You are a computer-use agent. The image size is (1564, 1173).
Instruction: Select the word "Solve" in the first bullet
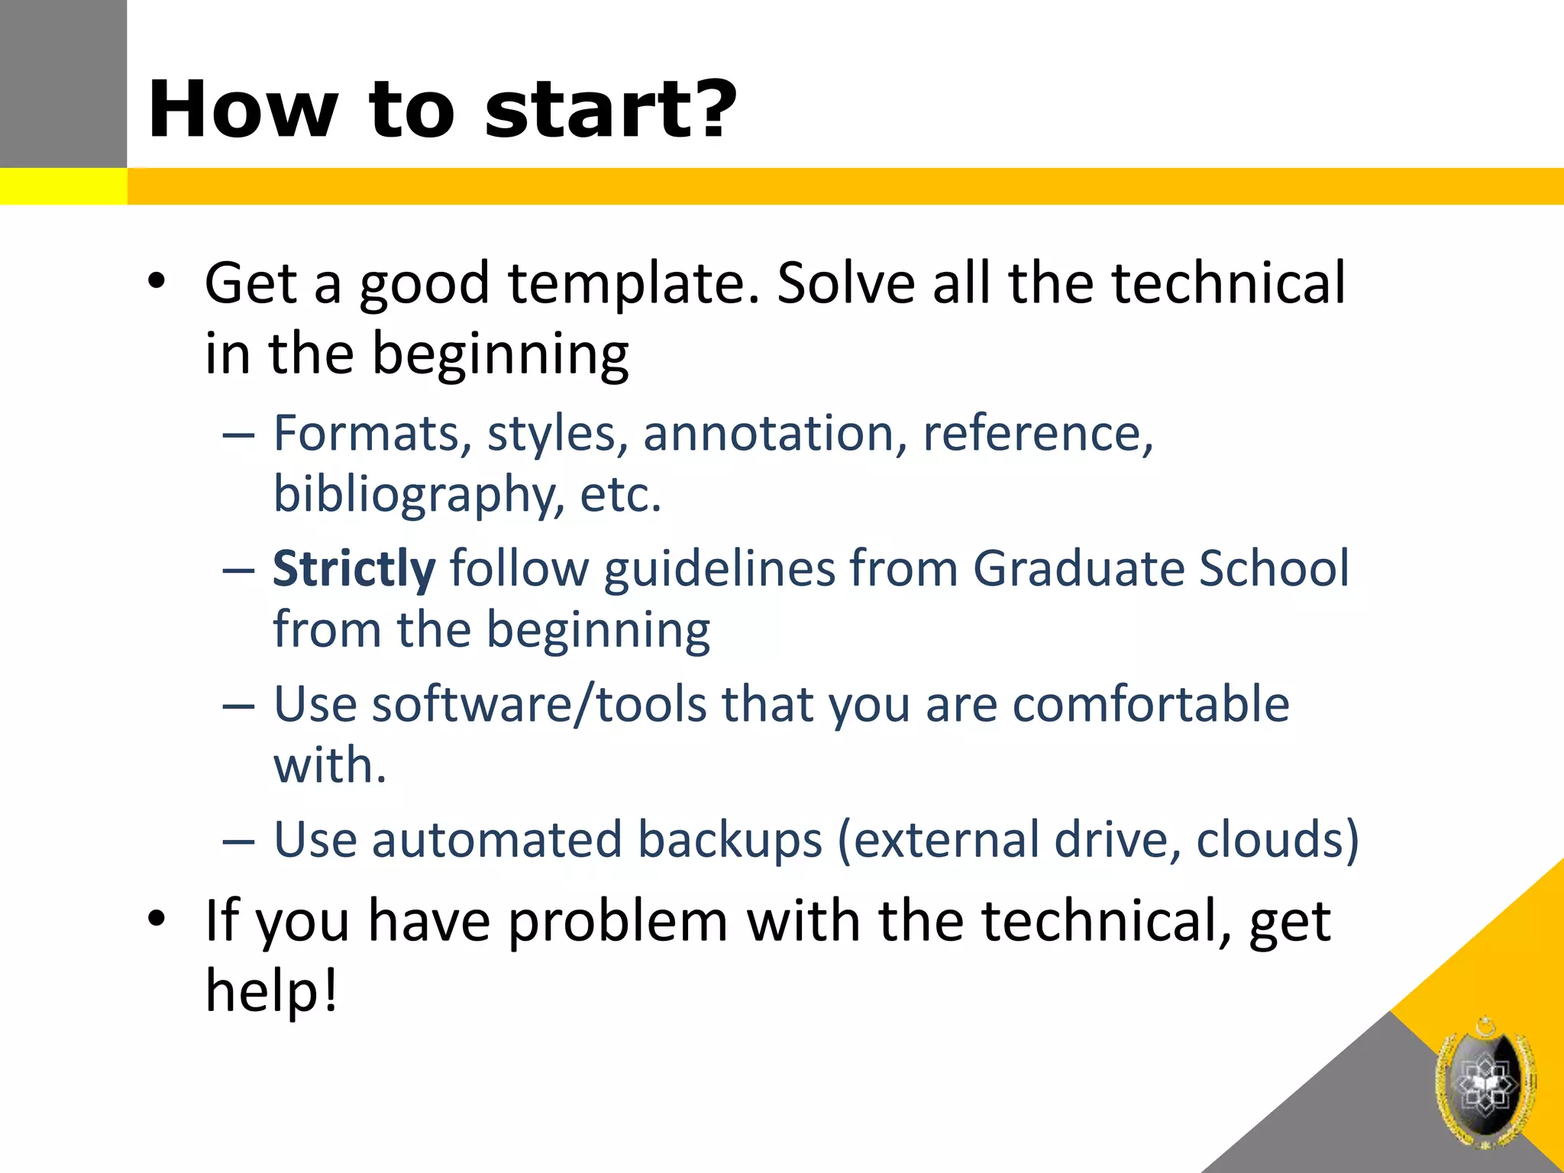[x=845, y=283]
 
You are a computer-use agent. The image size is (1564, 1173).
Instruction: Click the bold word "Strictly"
[x=354, y=569]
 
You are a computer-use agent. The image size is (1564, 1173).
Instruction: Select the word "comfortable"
[x=1151, y=704]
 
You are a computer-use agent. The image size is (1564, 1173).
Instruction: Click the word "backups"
[x=730, y=840]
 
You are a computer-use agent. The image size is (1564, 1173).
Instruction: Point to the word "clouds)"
[x=1278, y=840]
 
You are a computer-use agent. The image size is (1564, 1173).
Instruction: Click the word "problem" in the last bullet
[x=618, y=922]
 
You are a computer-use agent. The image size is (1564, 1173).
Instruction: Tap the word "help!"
[x=271, y=990]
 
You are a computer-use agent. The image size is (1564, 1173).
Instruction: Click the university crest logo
[x=1485, y=1083]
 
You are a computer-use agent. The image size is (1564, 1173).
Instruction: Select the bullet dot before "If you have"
[x=157, y=920]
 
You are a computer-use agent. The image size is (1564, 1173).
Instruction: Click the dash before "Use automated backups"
[x=238, y=841]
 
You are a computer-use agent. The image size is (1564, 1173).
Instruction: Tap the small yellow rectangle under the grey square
[x=63, y=186]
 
